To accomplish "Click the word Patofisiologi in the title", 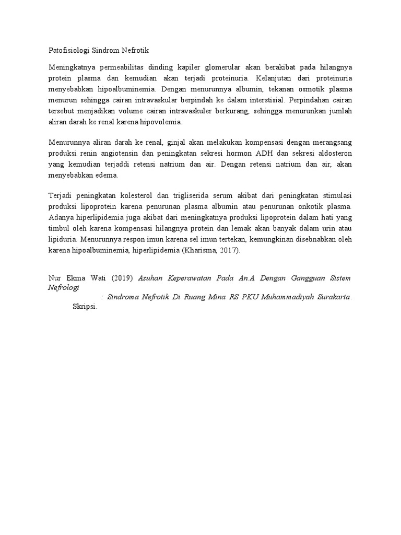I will click(x=68, y=51).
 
